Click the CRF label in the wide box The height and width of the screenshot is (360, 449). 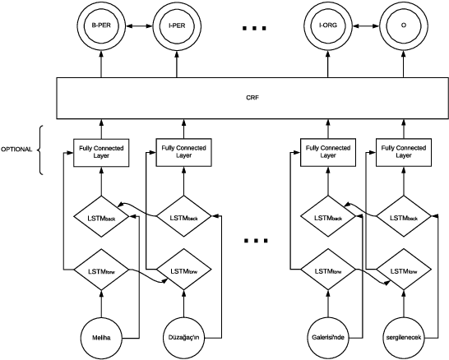252,97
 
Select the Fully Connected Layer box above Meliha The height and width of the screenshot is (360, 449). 100,150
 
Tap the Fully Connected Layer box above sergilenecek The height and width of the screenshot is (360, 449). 402,150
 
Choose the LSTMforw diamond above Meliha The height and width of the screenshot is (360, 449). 100,269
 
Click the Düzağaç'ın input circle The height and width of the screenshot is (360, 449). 182,335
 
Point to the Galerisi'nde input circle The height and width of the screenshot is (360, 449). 327,335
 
